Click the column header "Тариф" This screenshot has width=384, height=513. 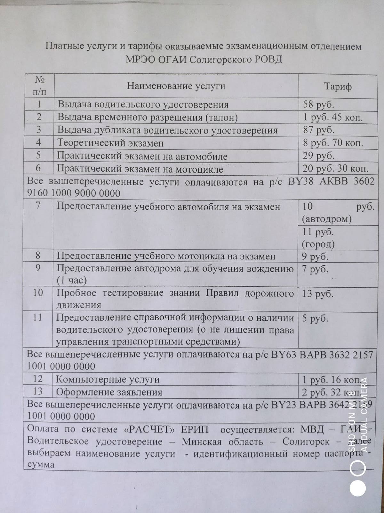click(x=338, y=87)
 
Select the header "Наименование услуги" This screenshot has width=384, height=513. click(x=176, y=86)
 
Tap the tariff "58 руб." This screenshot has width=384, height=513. click(x=318, y=105)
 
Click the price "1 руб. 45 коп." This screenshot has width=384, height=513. click(x=332, y=117)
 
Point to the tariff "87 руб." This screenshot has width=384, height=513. click(x=318, y=130)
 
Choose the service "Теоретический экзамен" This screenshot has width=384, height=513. click(x=110, y=143)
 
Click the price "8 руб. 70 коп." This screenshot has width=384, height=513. click(x=333, y=143)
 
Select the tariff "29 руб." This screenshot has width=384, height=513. click(x=318, y=156)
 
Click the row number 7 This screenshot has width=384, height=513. click(x=38, y=206)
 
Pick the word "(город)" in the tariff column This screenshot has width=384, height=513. click(x=318, y=245)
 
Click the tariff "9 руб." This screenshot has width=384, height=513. click(x=316, y=257)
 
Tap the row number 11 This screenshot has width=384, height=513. click(x=38, y=317)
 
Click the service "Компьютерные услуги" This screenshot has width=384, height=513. click(x=108, y=379)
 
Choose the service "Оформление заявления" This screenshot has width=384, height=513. click(x=109, y=392)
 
